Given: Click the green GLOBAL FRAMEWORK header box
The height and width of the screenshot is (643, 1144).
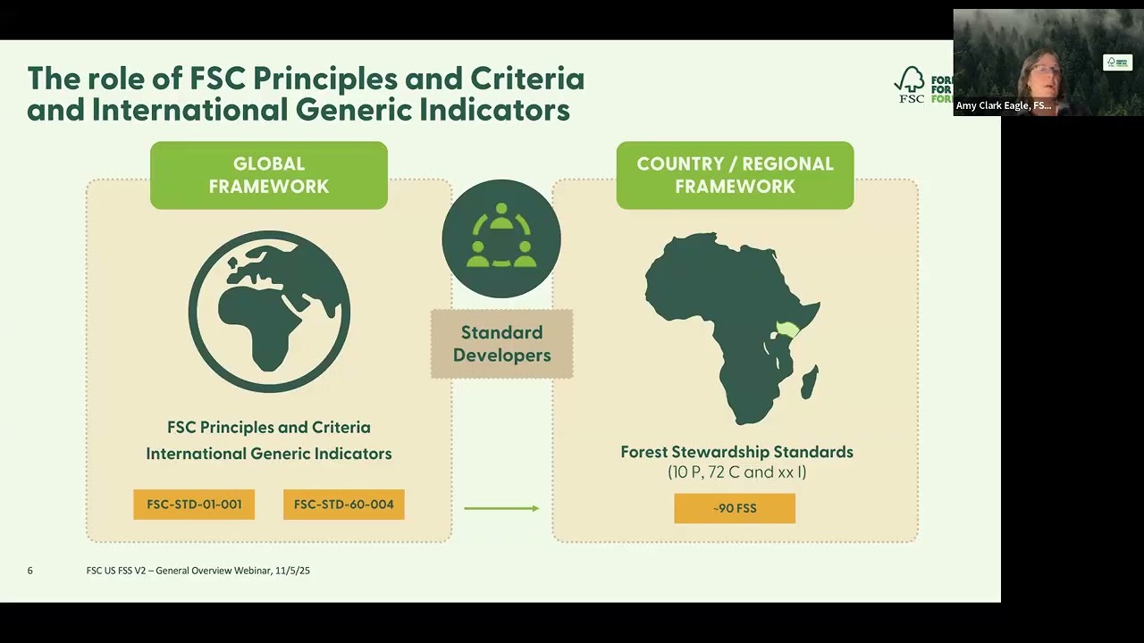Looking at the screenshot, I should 268,175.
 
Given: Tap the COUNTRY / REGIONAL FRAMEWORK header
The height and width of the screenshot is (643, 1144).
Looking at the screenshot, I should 735,175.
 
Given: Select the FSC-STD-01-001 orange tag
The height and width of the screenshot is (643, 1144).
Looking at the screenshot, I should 194,505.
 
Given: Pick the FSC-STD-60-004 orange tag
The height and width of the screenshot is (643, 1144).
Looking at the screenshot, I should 343,505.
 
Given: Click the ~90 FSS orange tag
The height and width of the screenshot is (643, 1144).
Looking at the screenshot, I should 735,508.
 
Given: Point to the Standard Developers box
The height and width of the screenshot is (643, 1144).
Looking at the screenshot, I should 501,344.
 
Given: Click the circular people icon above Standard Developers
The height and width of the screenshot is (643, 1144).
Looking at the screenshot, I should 501,238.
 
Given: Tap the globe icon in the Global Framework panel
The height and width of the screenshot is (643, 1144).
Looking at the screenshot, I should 269,312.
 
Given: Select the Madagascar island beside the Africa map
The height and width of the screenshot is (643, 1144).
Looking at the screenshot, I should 809,383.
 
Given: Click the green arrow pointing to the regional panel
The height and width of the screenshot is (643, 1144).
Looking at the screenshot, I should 501,508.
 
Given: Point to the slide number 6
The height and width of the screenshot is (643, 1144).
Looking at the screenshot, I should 30,571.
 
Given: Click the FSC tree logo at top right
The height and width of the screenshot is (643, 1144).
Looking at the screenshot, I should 911,84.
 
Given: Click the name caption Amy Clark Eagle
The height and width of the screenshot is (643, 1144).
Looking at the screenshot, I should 1003,105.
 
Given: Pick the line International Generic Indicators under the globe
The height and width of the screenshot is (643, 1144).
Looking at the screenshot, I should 269,454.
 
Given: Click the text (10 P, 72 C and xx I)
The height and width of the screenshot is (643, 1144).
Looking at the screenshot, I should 736,472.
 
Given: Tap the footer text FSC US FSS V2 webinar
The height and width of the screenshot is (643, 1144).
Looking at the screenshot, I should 198,571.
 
